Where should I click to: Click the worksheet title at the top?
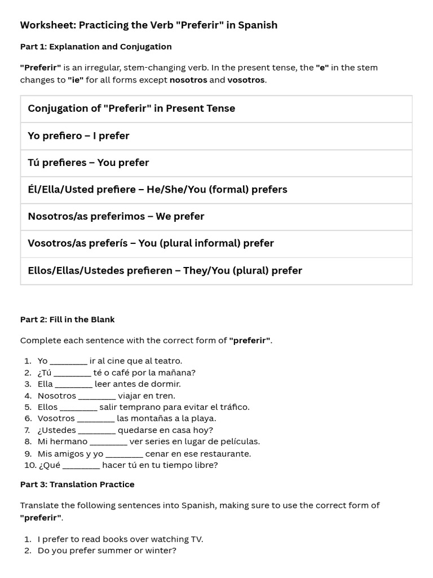pyautogui.click(x=149, y=25)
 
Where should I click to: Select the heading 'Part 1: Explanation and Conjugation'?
pyautogui.click(x=96, y=46)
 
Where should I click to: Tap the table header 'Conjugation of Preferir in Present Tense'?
pyautogui.click(x=131, y=108)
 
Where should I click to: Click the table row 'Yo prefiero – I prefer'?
pyautogui.click(x=78, y=135)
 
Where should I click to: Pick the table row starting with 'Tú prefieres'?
pyautogui.click(x=89, y=163)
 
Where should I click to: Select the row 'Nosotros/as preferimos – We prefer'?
pyautogui.click(x=116, y=216)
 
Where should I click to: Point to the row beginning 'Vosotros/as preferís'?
pyautogui.click(x=151, y=243)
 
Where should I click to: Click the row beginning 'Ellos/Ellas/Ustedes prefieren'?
pyautogui.click(x=165, y=270)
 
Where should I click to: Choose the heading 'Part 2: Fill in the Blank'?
pyautogui.click(x=67, y=319)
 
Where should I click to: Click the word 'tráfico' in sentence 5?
pyautogui.click(x=234, y=407)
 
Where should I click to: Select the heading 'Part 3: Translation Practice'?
pyautogui.click(x=77, y=484)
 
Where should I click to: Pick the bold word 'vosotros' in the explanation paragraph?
pyautogui.click(x=246, y=80)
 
